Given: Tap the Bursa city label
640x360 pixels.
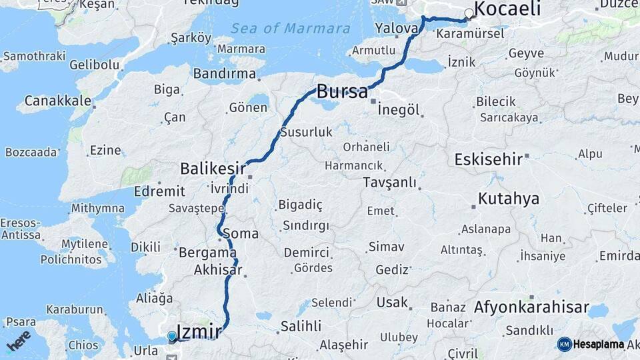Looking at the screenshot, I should point(342,91).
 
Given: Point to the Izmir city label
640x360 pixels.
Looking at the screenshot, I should point(199,330).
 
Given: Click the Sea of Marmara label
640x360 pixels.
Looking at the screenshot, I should point(290,29).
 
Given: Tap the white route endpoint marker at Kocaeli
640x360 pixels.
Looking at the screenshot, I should point(469,13).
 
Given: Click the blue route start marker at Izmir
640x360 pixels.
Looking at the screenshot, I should point(172,337).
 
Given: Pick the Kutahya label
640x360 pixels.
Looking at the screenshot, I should point(508,199).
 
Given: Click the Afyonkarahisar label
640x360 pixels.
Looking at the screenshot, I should point(531,307).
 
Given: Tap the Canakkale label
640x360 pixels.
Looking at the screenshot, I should point(58,101).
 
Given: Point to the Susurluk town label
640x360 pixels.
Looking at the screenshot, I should point(306,132).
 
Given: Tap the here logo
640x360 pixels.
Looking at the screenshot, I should point(18,340).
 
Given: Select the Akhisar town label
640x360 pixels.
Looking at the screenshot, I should point(217,271).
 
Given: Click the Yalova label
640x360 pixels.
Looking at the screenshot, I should point(396,28).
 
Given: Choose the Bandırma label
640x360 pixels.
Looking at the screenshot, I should point(225,73).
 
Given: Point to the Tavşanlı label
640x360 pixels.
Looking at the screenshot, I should point(389,183).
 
